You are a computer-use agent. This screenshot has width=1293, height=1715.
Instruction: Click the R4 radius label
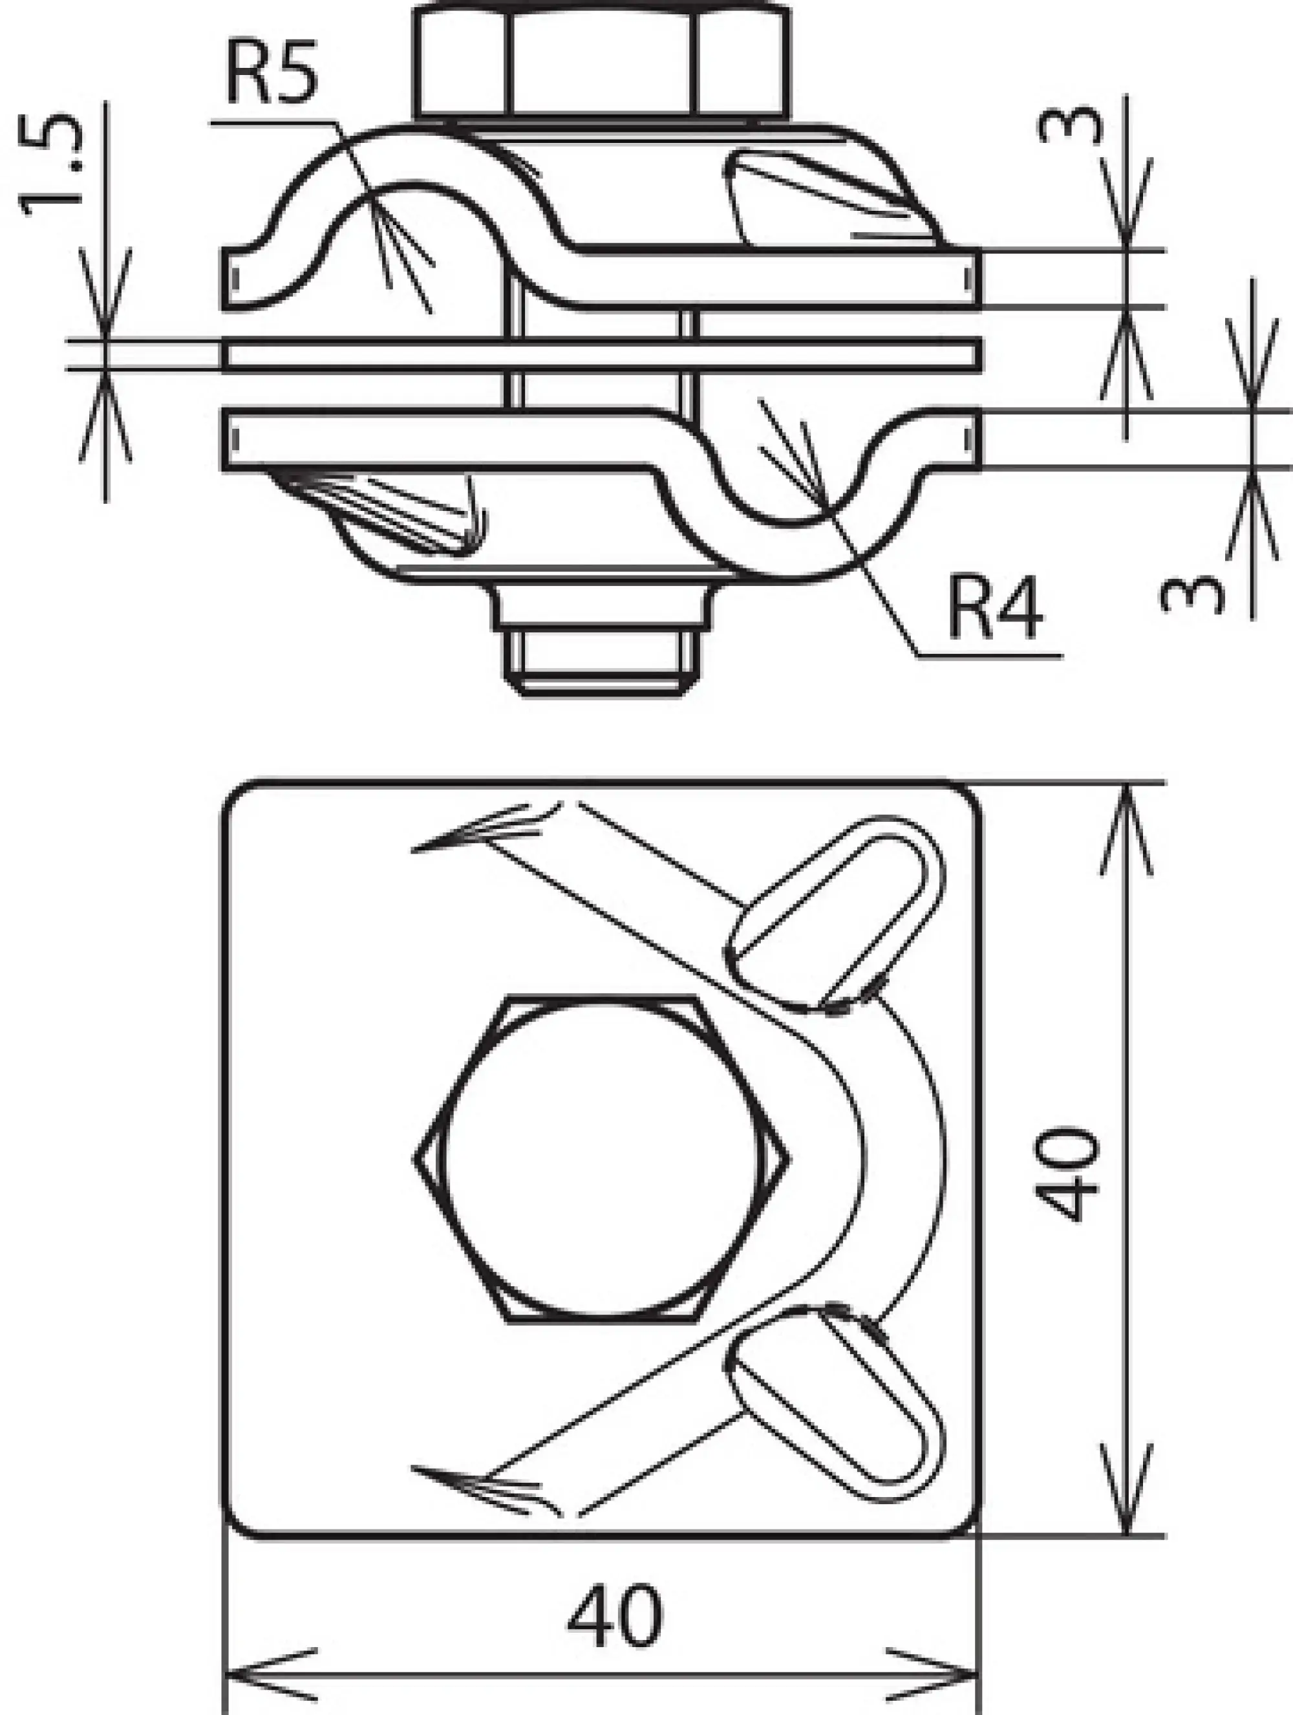pyautogui.click(x=996, y=610)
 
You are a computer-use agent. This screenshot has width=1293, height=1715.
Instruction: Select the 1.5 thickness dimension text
pyautogui.click(x=51, y=166)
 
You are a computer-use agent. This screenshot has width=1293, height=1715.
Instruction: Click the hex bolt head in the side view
pyautogui.click(x=603, y=62)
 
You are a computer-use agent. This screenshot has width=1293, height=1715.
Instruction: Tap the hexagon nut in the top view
pyautogui.click(x=603, y=1159)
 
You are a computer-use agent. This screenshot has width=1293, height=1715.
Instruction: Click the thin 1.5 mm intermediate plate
pyautogui.click(x=603, y=355)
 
